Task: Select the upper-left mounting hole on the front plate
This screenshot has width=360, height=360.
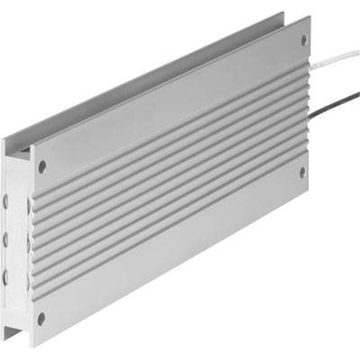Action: [x=42, y=166]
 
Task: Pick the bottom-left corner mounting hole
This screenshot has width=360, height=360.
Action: [x=41, y=317]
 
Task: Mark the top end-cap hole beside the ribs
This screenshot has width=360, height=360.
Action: [x=28, y=204]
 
